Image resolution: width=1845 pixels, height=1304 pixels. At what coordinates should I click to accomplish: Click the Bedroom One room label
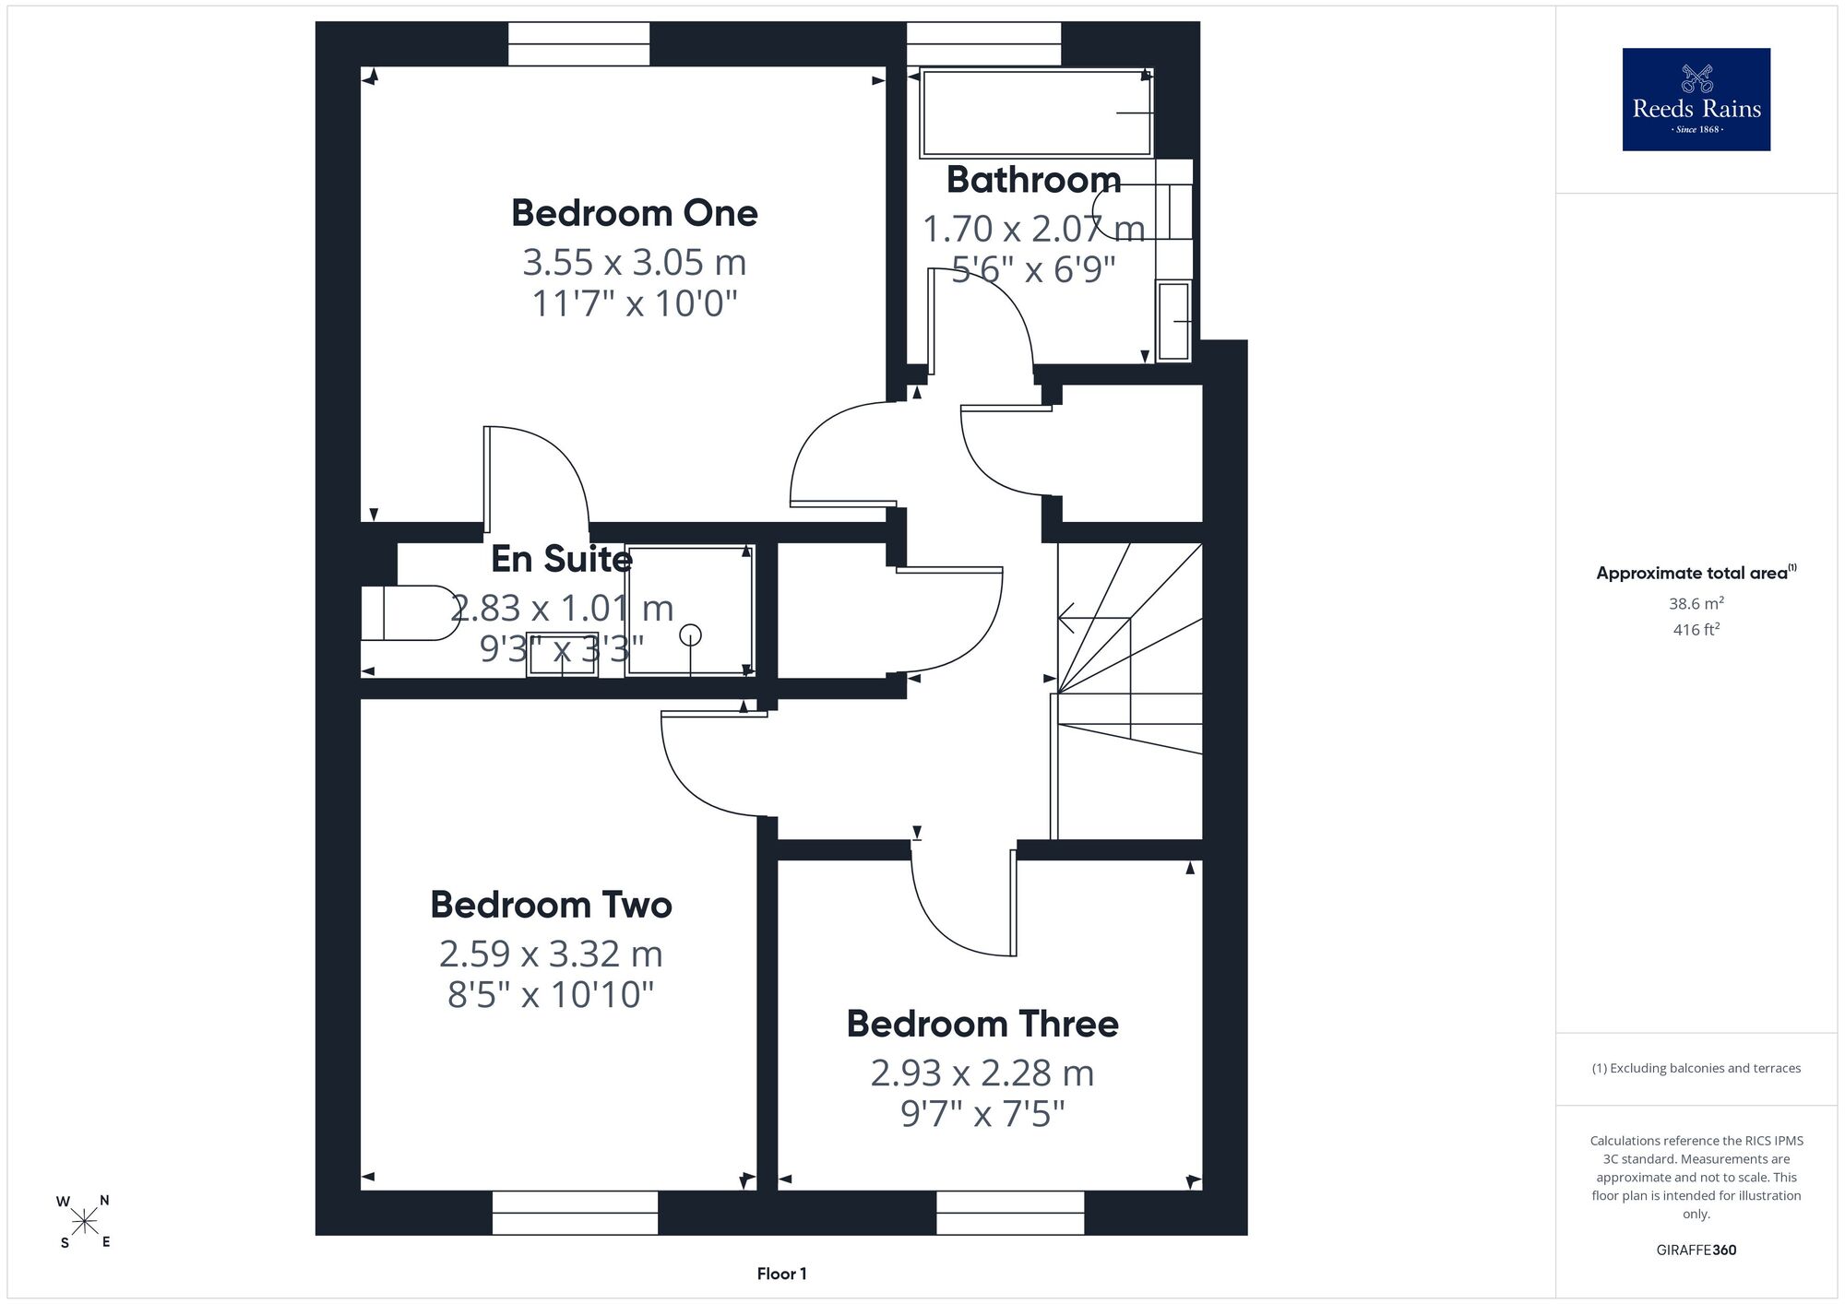(635, 213)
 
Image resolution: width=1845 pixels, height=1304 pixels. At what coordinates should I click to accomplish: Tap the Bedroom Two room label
(551, 905)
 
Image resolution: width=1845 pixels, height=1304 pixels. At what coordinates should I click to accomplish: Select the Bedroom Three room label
(982, 1024)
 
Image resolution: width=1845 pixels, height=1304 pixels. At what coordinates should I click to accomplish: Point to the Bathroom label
(1033, 180)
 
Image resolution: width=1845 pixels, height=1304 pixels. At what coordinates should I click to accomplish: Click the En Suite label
(562, 559)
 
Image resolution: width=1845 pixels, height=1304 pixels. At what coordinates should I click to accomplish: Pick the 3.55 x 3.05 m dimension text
(635, 263)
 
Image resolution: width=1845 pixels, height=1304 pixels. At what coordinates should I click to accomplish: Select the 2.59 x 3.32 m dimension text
(551, 954)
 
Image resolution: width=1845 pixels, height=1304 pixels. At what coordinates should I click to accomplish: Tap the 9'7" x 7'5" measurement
(982, 1114)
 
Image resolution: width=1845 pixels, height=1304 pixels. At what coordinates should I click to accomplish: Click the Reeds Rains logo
(1696, 100)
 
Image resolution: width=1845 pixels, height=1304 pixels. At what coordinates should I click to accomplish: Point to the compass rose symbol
(85, 1222)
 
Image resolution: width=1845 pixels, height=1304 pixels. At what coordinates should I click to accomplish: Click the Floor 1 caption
(781, 1274)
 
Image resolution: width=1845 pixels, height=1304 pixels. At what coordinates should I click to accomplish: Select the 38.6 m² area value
(1696, 603)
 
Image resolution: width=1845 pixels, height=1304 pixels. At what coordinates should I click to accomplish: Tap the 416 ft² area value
(1696, 630)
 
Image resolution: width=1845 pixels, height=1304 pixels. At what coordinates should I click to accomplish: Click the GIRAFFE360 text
(1696, 1251)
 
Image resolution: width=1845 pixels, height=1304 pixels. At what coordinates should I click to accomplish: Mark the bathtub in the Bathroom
(1037, 113)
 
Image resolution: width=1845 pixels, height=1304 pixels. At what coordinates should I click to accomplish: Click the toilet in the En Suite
(410, 612)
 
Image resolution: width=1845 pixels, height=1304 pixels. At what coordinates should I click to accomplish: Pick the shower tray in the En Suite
(690, 611)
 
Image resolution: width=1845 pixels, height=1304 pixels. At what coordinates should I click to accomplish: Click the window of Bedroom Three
(1010, 1213)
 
